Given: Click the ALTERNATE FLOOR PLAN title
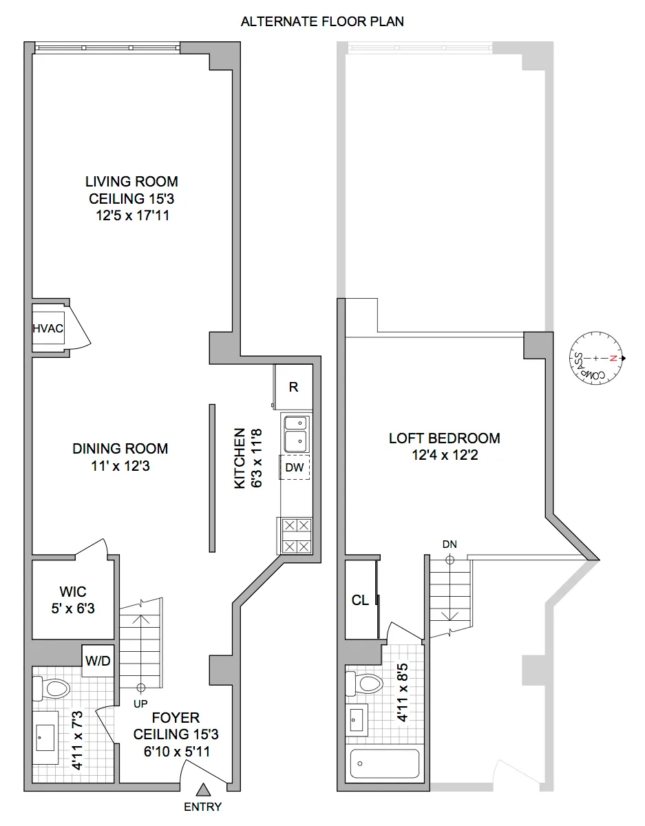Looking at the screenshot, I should click(322, 21).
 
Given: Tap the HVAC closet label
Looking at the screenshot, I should click(48, 329).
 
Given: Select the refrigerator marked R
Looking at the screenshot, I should click(293, 387).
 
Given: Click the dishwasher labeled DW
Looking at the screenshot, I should click(295, 467).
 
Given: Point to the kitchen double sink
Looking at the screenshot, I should click(297, 432).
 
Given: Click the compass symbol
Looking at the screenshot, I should click(598, 358).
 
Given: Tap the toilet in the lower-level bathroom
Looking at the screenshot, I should click(53, 688).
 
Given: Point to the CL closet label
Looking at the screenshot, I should click(360, 600).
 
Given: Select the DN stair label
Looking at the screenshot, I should click(450, 544).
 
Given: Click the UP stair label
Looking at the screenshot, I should click(141, 703).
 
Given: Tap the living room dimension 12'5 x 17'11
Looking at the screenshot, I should click(131, 215).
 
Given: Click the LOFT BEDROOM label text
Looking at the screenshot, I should click(444, 438).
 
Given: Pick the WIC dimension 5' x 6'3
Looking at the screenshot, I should click(73, 609).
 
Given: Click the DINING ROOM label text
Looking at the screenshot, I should click(120, 449).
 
